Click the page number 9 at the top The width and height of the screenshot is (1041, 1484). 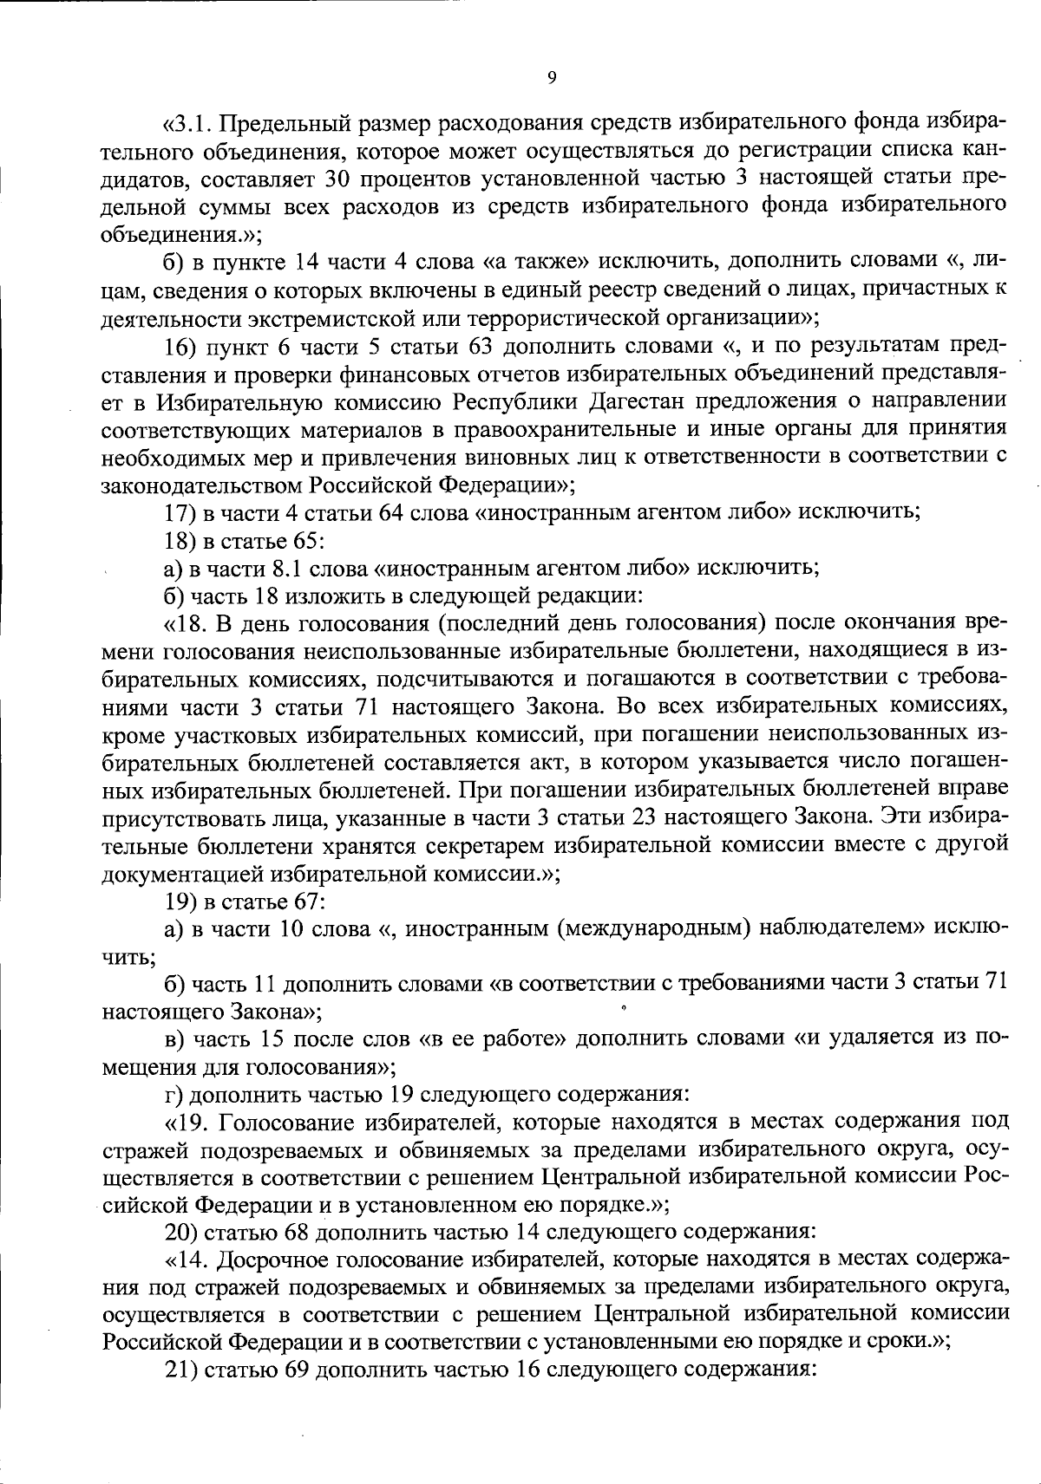point(552,78)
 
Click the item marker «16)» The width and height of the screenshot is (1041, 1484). point(182,347)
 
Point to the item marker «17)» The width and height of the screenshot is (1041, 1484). point(182,511)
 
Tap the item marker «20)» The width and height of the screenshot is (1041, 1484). point(182,1233)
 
